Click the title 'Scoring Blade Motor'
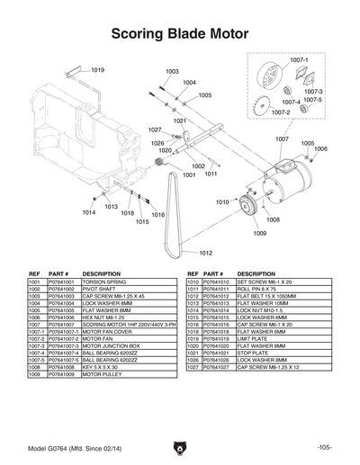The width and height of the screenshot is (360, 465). coord(179,34)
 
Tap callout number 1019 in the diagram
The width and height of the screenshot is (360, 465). coord(98,69)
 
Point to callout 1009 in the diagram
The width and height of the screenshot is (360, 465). coord(259,233)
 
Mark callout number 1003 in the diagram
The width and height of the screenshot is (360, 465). coord(172,71)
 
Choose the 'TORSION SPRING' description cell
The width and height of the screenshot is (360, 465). coord(104,282)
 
